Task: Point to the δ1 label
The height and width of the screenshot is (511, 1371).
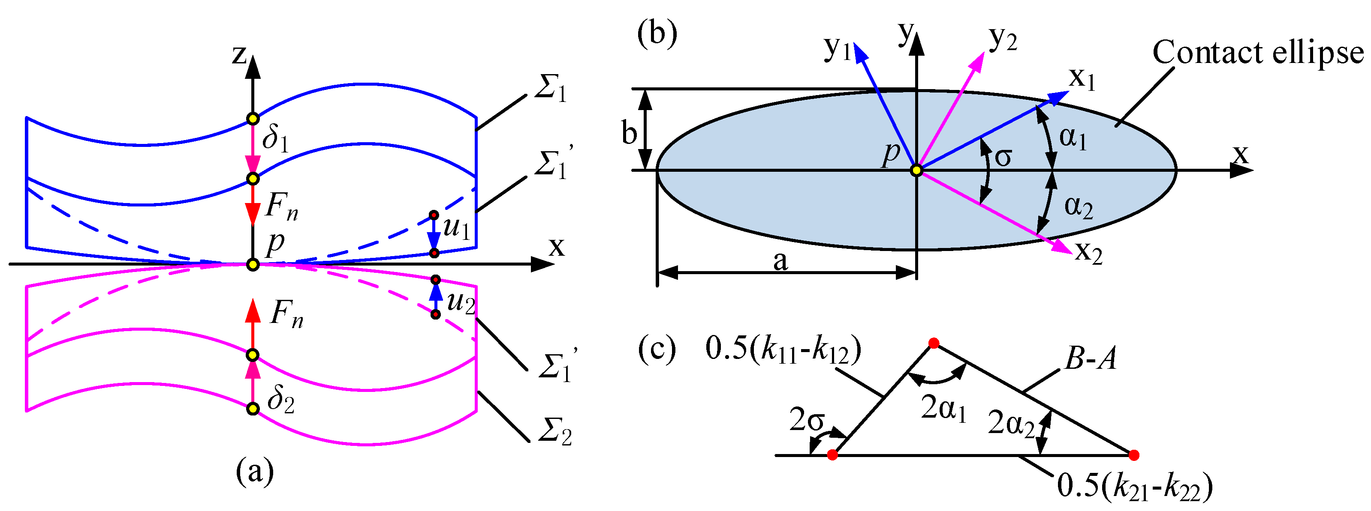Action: (275, 139)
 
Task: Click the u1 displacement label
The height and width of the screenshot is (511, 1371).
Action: (456, 228)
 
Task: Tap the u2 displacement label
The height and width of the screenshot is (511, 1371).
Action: (461, 303)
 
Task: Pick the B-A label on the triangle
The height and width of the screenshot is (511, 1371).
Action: (1090, 359)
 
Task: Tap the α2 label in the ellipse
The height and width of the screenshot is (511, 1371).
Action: (1078, 206)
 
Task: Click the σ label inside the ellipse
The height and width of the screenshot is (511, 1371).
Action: (1003, 157)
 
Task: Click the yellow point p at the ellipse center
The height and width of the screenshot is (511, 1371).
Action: (916, 170)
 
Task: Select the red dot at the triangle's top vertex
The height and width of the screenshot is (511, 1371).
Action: (934, 344)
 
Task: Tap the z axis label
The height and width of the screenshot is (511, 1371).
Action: (239, 55)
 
